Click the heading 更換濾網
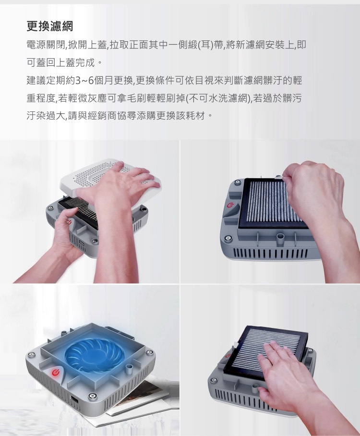[x=50, y=26]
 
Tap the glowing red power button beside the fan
[x=56, y=372]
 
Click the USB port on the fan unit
[x=74, y=400]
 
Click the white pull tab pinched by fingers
[x=278, y=177]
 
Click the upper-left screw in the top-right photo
[x=237, y=182]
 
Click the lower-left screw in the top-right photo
[x=228, y=238]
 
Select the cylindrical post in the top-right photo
[x=280, y=237]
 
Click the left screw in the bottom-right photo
[x=214, y=379]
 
